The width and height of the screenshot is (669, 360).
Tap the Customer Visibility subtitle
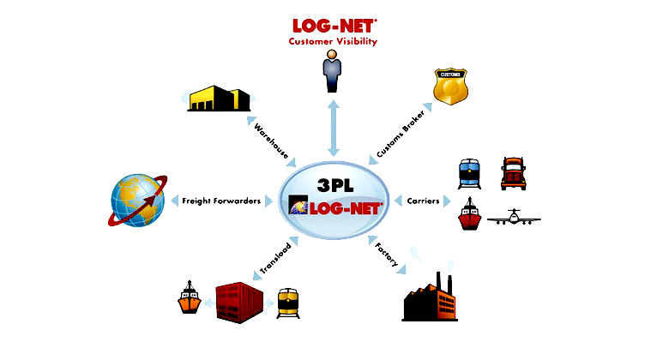334,40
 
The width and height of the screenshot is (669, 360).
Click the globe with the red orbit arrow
137,201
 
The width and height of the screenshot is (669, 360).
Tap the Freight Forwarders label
221,201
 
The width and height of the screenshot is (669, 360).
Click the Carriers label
423,201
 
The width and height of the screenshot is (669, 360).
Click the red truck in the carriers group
513,172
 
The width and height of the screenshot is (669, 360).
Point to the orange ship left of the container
189,299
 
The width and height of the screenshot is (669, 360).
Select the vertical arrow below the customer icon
334,126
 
